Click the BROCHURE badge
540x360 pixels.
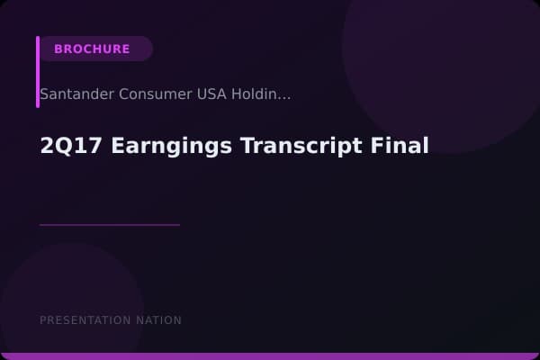pos(92,49)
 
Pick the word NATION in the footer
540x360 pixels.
pos(159,320)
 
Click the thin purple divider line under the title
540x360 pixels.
pos(110,225)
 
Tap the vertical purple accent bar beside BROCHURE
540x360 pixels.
pos(38,72)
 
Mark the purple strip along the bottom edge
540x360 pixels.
pos(270,356)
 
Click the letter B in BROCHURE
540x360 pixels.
pos(58,49)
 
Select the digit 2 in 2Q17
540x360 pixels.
pos(47,146)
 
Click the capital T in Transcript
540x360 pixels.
pos(247,146)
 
